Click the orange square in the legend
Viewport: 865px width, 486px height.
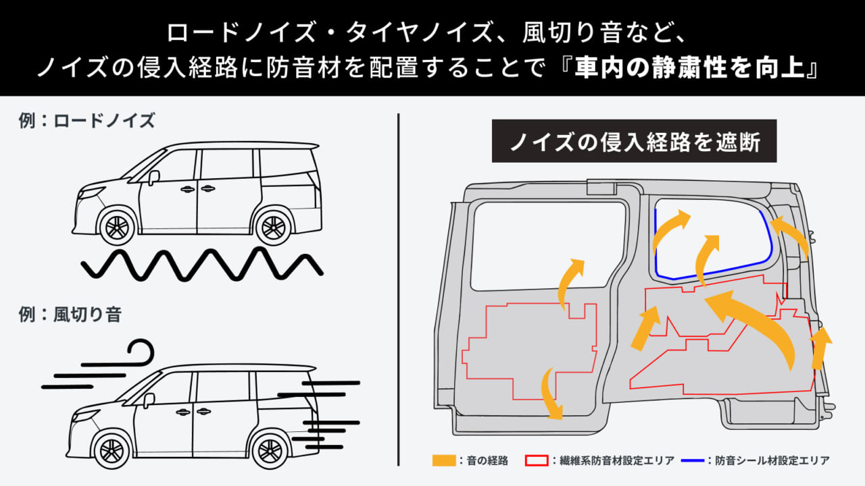(441, 460)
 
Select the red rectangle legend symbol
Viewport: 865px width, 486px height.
(535, 460)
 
